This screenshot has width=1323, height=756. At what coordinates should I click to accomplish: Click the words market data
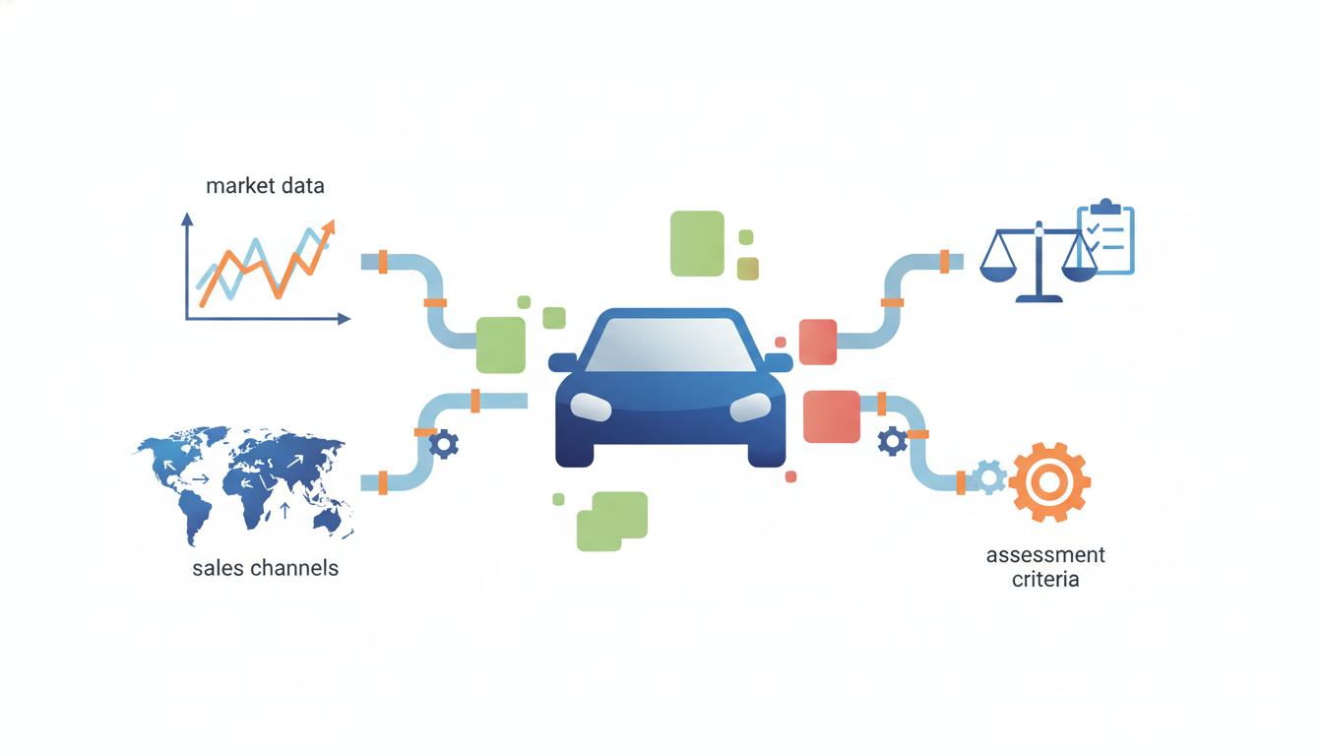[x=265, y=186]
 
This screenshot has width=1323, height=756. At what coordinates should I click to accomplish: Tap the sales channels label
[x=265, y=568]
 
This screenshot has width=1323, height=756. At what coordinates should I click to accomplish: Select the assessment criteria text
[x=1045, y=567]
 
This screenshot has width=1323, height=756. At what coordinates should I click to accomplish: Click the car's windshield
[x=670, y=346]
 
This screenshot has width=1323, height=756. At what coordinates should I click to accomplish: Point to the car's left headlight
[x=591, y=407]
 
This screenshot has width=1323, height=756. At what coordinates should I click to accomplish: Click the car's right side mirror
[x=779, y=362]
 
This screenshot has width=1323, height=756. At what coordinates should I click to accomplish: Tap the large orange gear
[x=1049, y=482]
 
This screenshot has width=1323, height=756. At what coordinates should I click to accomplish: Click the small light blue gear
[x=989, y=477]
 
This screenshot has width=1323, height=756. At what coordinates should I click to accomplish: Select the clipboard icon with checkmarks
[x=1105, y=237]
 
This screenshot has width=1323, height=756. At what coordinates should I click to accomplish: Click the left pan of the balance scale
[x=998, y=274]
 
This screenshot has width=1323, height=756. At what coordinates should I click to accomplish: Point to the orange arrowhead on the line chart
[x=329, y=227]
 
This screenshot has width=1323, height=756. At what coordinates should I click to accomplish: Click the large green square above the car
[x=697, y=243]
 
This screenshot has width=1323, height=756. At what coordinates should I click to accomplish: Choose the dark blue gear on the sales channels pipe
[x=444, y=444]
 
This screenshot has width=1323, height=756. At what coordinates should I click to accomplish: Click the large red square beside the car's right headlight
[x=832, y=416]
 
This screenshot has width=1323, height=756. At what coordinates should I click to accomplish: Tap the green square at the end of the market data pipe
[x=501, y=345]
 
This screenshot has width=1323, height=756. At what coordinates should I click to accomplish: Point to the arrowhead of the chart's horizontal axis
[x=345, y=319]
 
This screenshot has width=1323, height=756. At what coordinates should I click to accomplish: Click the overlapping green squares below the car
[x=612, y=522]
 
